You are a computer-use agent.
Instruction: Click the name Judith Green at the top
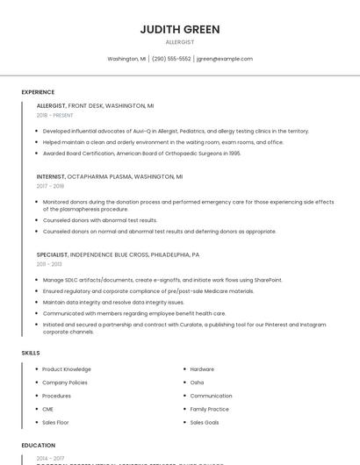180,29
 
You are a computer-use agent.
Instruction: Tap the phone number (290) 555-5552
171,59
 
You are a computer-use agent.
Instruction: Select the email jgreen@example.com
225,59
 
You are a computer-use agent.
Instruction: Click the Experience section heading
38,92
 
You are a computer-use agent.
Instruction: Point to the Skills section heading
31,353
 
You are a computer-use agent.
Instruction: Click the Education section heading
39,446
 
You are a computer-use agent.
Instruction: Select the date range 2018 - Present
56,115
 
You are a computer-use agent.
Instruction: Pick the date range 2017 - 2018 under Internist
50,186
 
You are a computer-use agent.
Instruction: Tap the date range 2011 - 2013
49,263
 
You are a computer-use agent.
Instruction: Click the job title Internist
51,176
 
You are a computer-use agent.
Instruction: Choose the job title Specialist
52,254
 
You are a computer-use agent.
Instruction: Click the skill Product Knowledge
67,369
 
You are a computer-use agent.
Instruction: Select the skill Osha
197,383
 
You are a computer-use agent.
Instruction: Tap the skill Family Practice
209,409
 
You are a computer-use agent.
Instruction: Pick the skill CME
47,409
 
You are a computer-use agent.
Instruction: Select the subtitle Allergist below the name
180,42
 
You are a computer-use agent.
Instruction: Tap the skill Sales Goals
205,422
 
